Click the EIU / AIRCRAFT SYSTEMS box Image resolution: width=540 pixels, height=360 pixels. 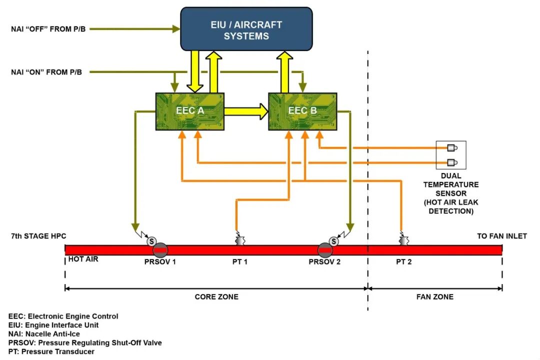(246, 30)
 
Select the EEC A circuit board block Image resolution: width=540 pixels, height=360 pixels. (190, 111)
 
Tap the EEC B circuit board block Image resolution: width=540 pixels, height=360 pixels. (302, 111)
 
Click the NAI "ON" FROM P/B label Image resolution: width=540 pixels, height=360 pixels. (46, 72)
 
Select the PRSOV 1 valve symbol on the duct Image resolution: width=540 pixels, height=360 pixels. (160, 250)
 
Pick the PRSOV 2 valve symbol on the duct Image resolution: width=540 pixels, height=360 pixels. (325, 250)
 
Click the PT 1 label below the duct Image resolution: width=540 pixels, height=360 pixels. (239, 262)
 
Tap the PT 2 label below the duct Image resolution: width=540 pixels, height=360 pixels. (403, 262)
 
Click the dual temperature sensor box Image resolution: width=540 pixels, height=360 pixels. (451, 155)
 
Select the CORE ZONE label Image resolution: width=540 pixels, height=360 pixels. (216, 297)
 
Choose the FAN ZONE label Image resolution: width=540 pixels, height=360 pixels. (435, 297)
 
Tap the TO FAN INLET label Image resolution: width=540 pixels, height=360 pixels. (501, 236)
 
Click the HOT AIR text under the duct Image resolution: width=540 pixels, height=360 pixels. (83, 259)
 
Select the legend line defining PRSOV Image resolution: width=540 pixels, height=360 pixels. (85, 342)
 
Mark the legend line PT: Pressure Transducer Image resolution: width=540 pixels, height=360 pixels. (51, 351)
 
